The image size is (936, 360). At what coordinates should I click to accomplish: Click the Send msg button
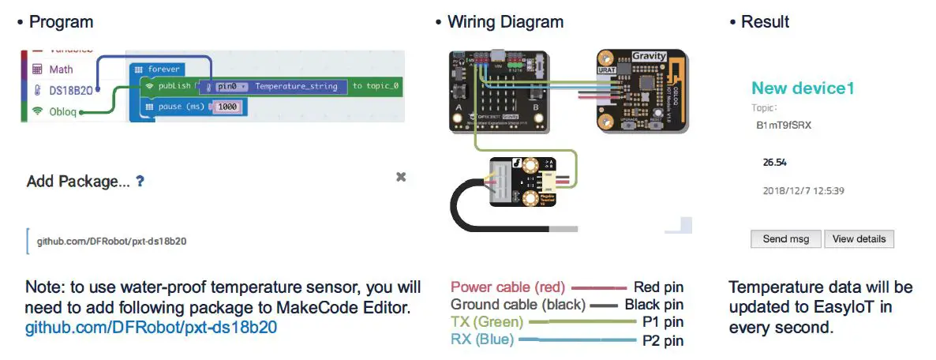(786, 239)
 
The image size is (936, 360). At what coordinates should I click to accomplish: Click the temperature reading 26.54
(777, 163)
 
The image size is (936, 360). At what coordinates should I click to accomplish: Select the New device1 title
(803, 88)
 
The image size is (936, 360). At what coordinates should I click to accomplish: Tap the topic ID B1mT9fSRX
(784, 126)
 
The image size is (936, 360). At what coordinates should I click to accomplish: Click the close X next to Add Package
(401, 177)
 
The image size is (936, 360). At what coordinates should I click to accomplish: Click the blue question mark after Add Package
(140, 181)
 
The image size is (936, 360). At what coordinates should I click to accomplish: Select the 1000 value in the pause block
(227, 107)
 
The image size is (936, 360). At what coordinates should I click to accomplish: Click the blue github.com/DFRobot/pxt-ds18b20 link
(151, 327)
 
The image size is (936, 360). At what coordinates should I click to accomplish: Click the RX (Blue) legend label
(482, 339)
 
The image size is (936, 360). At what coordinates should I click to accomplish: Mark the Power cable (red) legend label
(507, 287)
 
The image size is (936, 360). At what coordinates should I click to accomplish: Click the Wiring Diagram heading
(505, 22)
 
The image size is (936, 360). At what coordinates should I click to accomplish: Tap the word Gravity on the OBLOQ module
(650, 57)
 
